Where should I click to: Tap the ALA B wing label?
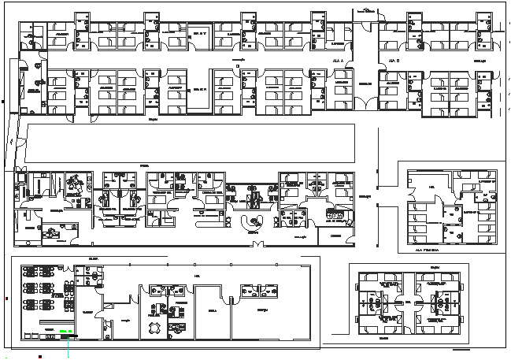coord(394,61)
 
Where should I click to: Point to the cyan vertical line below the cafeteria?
coord(71,347)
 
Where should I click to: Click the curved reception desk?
coord(254,221)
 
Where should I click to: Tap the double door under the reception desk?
coord(254,244)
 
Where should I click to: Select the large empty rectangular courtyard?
coord(189,143)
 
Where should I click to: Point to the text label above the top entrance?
coord(367,12)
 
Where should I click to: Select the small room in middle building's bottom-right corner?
coord(335,236)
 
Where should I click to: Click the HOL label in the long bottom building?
coord(195,276)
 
